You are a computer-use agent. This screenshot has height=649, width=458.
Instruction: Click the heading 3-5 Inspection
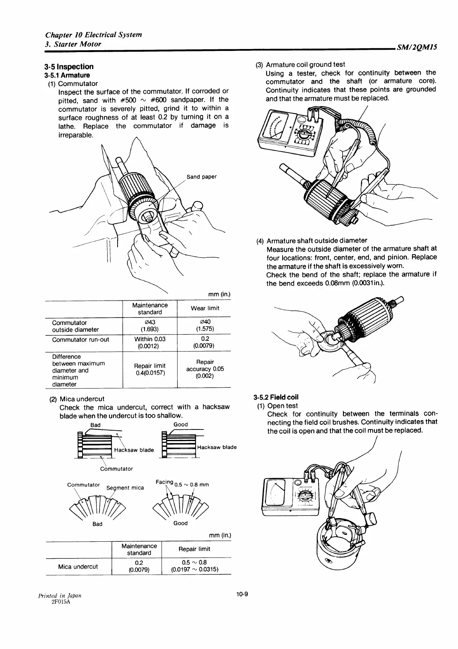click(x=69, y=67)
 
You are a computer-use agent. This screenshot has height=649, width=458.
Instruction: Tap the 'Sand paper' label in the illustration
click(x=201, y=177)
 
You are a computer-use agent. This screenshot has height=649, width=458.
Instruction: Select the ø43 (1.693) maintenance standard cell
click(x=150, y=325)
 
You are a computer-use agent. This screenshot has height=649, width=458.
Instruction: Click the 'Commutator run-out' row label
click(x=81, y=340)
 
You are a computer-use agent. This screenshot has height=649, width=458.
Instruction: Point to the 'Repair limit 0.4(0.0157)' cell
click(x=150, y=369)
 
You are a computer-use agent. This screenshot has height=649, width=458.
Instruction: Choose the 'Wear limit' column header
click(x=205, y=308)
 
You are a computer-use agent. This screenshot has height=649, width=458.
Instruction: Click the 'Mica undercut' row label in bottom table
click(x=78, y=566)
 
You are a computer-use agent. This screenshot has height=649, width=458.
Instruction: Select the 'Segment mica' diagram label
click(x=125, y=488)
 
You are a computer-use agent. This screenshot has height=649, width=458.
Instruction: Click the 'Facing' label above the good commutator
click(x=165, y=482)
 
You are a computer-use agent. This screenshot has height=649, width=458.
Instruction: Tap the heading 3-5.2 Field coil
click(x=276, y=397)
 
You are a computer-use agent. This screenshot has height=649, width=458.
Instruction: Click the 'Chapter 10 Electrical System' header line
click(x=93, y=35)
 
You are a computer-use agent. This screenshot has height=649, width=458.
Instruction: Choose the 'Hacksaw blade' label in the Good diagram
click(x=217, y=447)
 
